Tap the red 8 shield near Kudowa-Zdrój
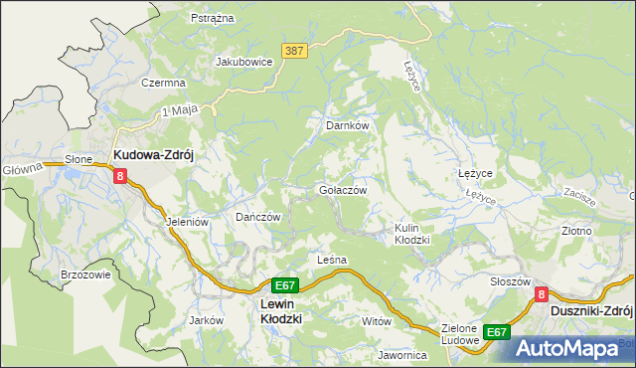(x=120, y=176)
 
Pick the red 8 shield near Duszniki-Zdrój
(x=542, y=294)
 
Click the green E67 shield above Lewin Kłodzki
(x=284, y=284)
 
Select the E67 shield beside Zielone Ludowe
(x=497, y=331)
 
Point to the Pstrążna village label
(x=211, y=18)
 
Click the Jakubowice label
(x=244, y=61)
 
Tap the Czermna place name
(x=164, y=83)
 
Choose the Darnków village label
(x=348, y=126)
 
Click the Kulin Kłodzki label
(x=410, y=234)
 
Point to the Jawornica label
(x=401, y=354)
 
